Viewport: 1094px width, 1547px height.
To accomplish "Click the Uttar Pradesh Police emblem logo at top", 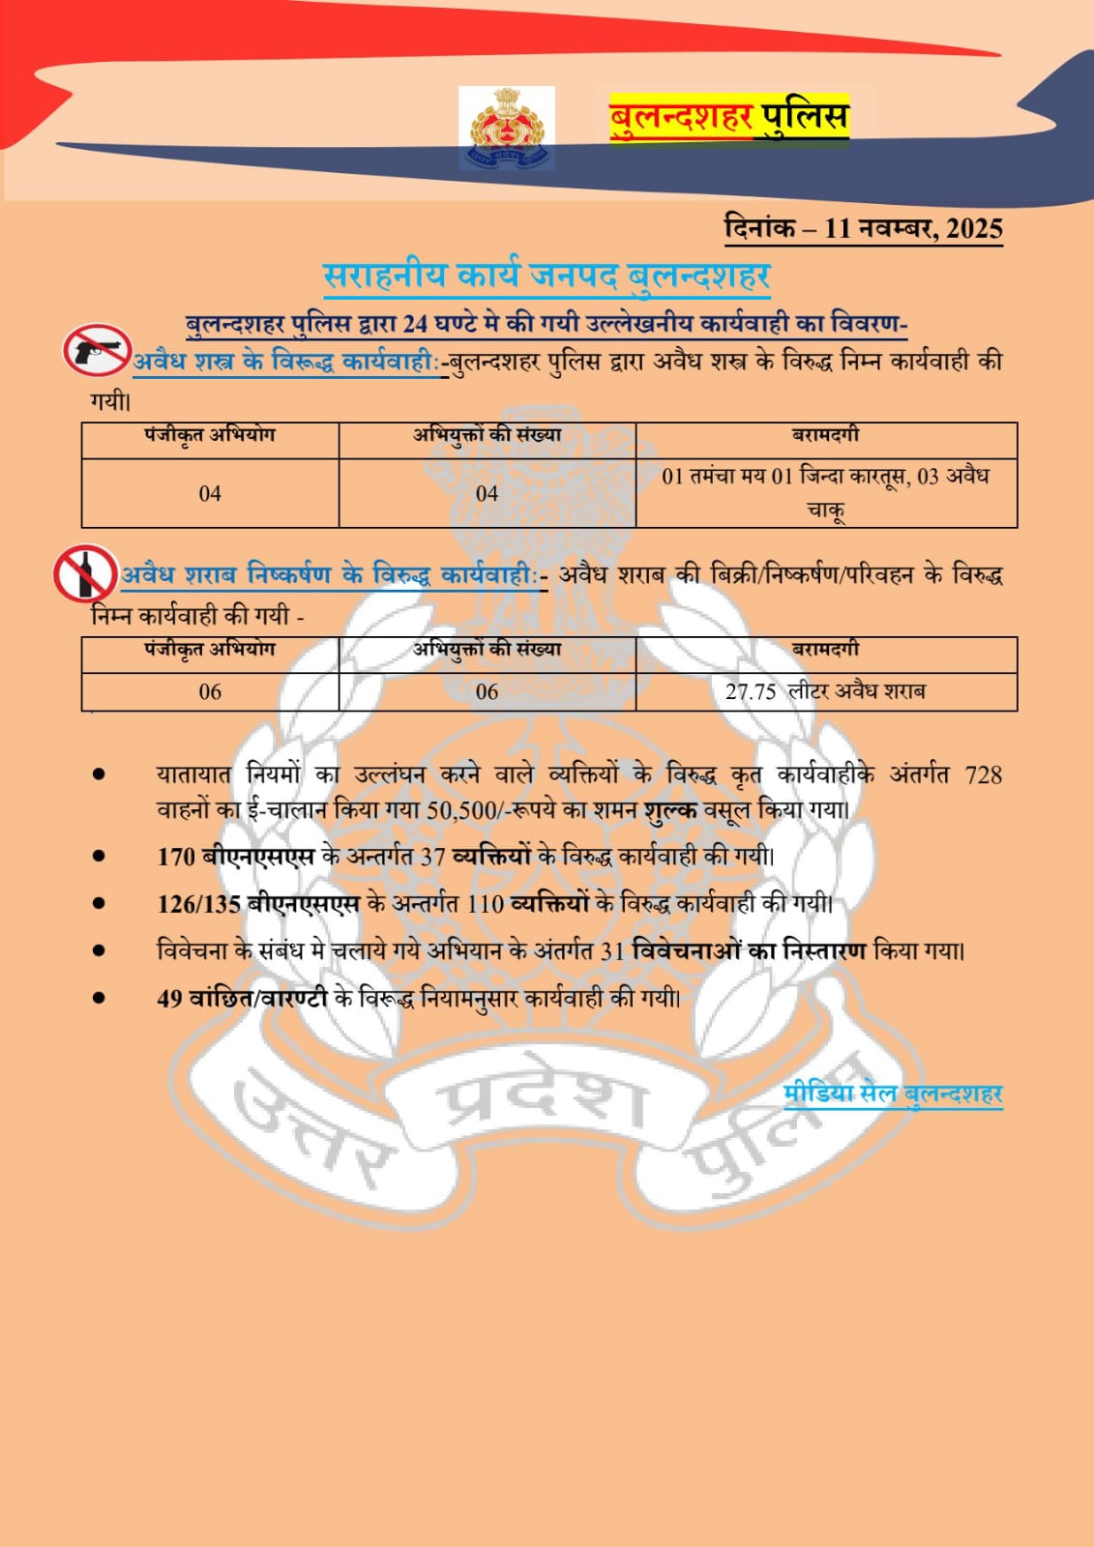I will [507, 128].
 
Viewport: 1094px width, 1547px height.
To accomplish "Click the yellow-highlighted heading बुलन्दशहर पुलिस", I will [728, 118].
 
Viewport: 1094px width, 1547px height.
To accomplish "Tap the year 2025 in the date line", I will [974, 228].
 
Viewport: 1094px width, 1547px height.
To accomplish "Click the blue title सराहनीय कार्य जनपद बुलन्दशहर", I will [547, 276].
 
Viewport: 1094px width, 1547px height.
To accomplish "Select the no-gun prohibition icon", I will [97, 350].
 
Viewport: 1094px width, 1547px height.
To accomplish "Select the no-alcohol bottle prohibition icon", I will [85, 573].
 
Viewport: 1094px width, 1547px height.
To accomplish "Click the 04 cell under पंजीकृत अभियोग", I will [210, 493].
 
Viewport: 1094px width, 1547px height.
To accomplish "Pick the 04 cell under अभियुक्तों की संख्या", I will [487, 493].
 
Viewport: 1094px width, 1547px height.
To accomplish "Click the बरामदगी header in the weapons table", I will [825, 436].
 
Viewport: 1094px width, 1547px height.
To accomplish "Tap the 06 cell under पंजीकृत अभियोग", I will [210, 691].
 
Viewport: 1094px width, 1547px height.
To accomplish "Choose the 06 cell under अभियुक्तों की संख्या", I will [487, 691].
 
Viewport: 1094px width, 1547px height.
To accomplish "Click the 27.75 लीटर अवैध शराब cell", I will [825, 691].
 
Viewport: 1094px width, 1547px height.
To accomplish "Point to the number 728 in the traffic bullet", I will [983, 774].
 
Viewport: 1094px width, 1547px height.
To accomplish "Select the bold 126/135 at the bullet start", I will [198, 904].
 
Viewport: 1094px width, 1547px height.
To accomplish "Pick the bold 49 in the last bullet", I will [169, 998].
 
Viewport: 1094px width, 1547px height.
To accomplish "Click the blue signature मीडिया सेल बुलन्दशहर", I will [892, 1094].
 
